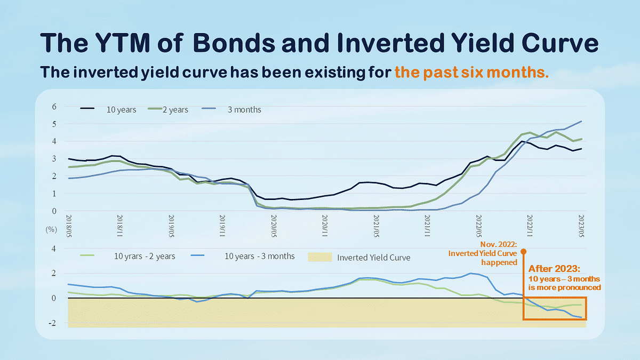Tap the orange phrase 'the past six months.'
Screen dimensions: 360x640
pos(471,72)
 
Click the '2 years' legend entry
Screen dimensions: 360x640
pos(175,110)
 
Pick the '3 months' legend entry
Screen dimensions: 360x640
pos(243,110)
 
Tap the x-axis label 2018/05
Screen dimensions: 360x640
pos(69,226)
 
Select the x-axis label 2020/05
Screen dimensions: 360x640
pos(274,226)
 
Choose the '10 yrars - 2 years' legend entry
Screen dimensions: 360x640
pos(144,257)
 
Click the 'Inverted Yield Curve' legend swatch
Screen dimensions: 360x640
pos(320,257)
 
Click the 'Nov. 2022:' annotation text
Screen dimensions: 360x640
pos(501,244)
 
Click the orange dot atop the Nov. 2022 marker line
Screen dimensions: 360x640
pos(523,251)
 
